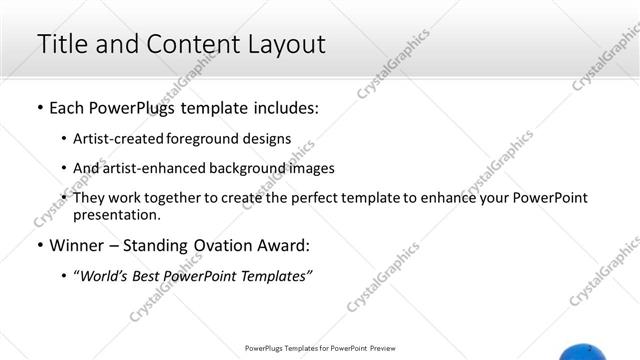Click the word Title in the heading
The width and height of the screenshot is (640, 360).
point(61,44)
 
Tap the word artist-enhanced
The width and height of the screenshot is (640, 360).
point(150,168)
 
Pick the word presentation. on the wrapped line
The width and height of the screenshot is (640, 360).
point(116,214)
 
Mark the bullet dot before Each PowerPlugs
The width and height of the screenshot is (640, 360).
point(39,107)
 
